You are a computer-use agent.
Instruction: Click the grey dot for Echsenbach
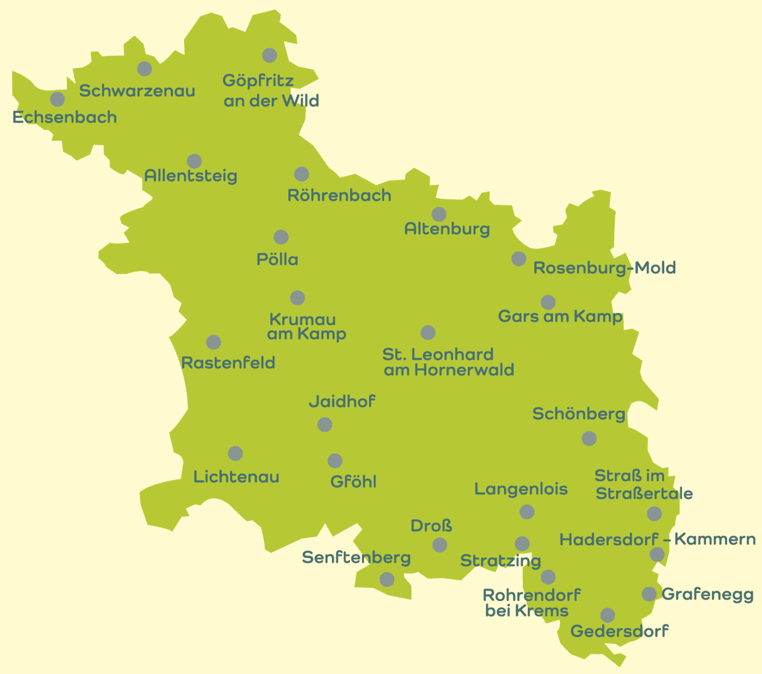click(x=58, y=99)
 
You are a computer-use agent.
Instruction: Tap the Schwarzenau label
click(x=137, y=91)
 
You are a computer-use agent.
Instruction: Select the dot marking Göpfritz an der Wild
click(x=269, y=55)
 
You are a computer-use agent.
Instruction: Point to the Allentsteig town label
click(x=190, y=176)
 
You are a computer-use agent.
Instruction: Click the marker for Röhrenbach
click(x=302, y=174)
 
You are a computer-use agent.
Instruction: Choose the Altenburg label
click(x=447, y=229)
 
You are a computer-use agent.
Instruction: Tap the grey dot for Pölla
click(x=281, y=237)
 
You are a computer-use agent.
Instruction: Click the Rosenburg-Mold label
click(x=604, y=268)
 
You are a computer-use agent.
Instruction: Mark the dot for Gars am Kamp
click(x=548, y=302)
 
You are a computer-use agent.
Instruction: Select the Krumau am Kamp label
click(x=306, y=326)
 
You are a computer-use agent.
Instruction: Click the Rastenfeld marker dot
click(x=213, y=342)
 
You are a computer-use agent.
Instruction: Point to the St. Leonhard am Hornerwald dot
click(x=428, y=332)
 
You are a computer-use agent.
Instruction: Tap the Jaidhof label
click(x=342, y=401)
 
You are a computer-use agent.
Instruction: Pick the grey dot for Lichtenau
click(x=235, y=453)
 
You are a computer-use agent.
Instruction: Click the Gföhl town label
click(x=353, y=482)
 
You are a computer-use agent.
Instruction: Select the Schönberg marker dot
click(x=589, y=438)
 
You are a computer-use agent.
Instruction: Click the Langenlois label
click(x=521, y=489)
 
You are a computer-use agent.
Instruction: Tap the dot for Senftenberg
click(x=387, y=579)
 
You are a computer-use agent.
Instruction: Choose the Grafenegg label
click(x=707, y=594)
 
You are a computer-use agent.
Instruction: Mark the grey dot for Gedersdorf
click(x=608, y=615)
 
